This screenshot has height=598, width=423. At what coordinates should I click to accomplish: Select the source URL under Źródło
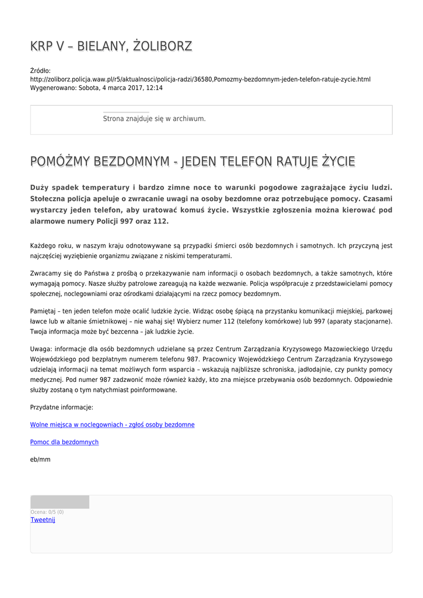(x=200, y=79)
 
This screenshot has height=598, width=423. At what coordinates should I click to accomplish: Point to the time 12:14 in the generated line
(x=154, y=88)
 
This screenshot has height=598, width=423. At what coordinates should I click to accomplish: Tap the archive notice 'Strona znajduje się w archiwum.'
(x=154, y=119)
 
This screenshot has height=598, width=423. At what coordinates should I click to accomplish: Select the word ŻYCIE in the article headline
(x=338, y=161)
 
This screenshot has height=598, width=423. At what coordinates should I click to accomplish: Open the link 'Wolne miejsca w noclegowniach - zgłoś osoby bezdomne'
(x=112, y=425)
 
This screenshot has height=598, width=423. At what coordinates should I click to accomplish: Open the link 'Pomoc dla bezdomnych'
(x=64, y=442)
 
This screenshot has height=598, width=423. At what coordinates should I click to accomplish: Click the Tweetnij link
(x=43, y=520)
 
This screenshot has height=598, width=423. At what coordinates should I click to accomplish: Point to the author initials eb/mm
(x=40, y=460)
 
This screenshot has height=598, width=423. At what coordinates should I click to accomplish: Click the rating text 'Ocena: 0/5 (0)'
(x=47, y=512)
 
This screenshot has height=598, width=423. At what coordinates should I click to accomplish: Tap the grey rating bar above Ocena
(x=60, y=502)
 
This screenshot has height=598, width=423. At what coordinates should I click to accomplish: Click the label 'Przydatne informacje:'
(x=61, y=407)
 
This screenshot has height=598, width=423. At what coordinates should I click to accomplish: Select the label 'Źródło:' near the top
(x=40, y=71)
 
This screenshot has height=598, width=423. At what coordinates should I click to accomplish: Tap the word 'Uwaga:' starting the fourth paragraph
(x=41, y=349)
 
